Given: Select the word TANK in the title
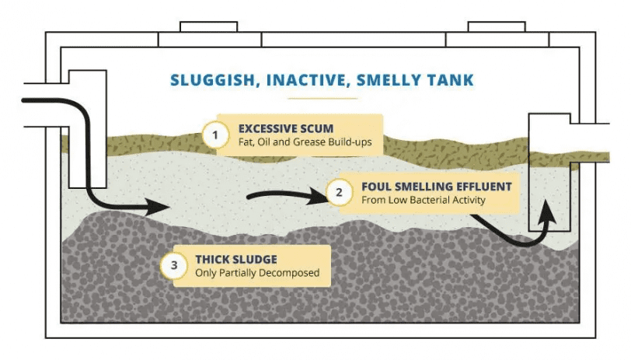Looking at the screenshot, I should (x=455, y=80).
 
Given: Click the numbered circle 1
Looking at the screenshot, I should (x=215, y=135).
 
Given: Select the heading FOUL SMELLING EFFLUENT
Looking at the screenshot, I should (x=436, y=187).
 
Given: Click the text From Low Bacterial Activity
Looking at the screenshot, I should (x=424, y=200).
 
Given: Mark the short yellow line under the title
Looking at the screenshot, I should (x=322, y=100).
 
